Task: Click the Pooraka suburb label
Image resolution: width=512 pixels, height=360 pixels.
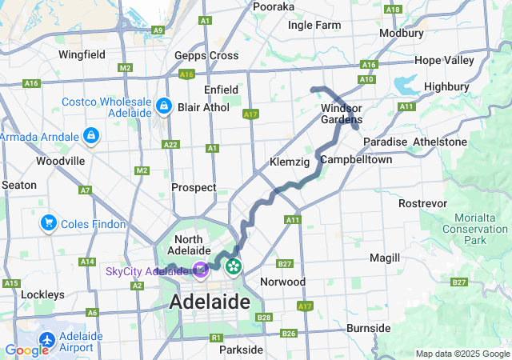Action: pyautogui.click(x=274, y=6)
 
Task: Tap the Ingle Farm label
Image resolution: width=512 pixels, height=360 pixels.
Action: pyautogui.click(x=314, y=26)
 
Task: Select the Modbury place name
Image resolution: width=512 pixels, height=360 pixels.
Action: pyautogui.click(x=402, y=34)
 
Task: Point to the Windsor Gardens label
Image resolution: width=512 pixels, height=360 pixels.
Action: pyautogui.click(x=342, y=114)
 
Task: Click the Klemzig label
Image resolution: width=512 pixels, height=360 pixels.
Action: pyautogui.click(x=290, y=162)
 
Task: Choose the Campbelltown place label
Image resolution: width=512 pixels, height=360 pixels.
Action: pyautogui.click(x=356, y=160)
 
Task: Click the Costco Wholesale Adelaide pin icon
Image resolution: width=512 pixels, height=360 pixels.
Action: pyautogui.click(x=163, y=106)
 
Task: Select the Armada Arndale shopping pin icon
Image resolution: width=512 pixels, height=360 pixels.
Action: pyautogui.click(x=91, y=136)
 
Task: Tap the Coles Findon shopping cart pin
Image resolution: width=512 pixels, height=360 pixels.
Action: pyautogui.click(x=50, y=223)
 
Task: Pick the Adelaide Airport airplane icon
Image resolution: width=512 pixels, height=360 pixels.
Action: pyautogui.click(x=47, y=339)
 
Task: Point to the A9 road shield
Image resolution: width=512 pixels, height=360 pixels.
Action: pyautogui.click(x=158, y=30)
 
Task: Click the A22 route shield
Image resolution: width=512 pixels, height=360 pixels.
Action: pyautogui.click(x=170, y=145)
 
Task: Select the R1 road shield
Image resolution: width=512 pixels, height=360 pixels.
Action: pyautogui.click(x=215, y=338)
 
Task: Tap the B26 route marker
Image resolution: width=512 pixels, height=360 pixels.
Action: pyautogui.click(x=289, y=334)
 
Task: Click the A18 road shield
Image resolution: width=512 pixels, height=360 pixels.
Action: pyautogui.click(x=392, y=10)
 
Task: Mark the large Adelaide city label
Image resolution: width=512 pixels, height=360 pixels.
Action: pyautogui.click(x=209, y=302)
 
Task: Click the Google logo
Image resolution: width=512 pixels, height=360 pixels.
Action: pyautogui.click(x=26, y=350)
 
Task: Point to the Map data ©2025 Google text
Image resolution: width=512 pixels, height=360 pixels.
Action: pyautogui.click(x=462, y=354)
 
